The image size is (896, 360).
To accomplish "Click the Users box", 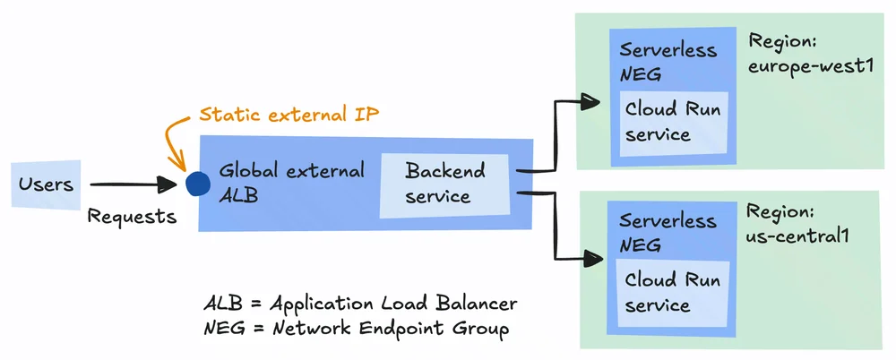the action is click(47, 184).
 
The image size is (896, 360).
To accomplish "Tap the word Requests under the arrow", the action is click(132, 216).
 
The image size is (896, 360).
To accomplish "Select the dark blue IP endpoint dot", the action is click(198, 184).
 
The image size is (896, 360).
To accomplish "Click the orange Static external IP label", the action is click(289, 115).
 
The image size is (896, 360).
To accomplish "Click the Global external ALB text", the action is click(291, 183).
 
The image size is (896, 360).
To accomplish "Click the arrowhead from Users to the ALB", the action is click(168, 184).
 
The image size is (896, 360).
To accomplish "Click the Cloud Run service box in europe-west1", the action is click(674, 122).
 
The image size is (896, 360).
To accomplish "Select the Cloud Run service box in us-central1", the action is click(673, 293).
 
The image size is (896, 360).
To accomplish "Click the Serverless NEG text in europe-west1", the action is click(668, 61).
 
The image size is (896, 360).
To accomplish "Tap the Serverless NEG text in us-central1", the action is click(668, 232).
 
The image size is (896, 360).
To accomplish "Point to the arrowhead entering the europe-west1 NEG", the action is click(590, 102).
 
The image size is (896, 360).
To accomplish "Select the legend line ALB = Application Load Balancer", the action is click(360, 303).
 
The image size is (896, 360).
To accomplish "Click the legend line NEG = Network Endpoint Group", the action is click(356, 329).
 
